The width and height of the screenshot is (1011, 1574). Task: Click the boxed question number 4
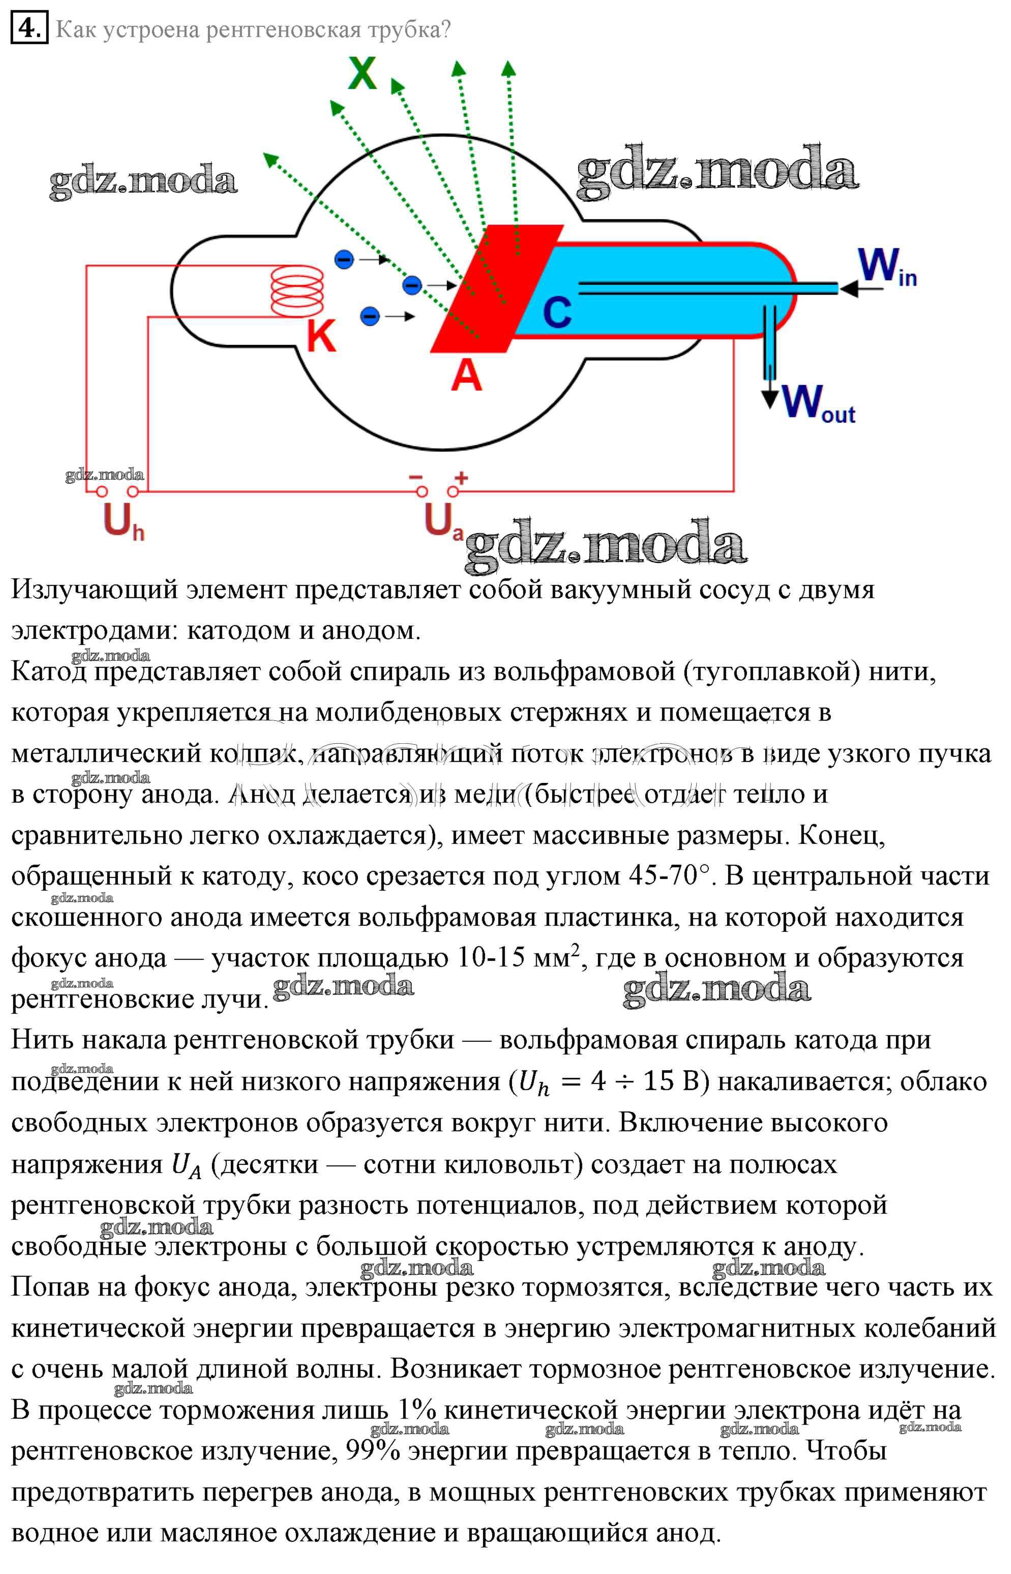29,29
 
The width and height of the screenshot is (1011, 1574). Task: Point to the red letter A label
466,375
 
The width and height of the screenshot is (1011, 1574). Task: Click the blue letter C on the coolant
557,312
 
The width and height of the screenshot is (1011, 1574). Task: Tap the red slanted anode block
496,289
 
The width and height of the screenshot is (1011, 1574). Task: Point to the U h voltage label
123,522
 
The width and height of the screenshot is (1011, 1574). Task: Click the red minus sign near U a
415,477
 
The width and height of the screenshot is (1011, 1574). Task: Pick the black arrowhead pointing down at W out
769,399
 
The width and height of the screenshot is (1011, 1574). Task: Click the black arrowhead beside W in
849,288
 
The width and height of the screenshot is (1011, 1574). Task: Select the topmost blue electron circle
344,259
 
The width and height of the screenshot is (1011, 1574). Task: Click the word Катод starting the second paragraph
49,671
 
